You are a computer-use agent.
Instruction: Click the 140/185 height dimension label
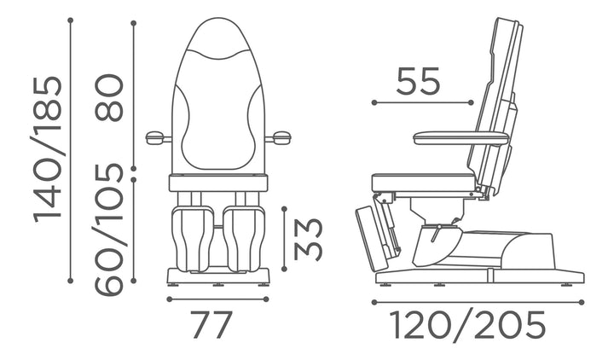tap(47, 149)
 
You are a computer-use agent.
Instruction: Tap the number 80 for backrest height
tap(109, 97)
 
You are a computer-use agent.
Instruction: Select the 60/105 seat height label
tap(109, 229)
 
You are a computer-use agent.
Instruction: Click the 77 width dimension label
tap(212, 324)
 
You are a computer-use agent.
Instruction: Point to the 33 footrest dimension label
tap(308, 240)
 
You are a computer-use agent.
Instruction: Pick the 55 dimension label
tap(418, 81)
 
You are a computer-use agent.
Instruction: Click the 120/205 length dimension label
tap(469, 326)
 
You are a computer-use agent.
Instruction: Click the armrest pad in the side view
tap(460, 138)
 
